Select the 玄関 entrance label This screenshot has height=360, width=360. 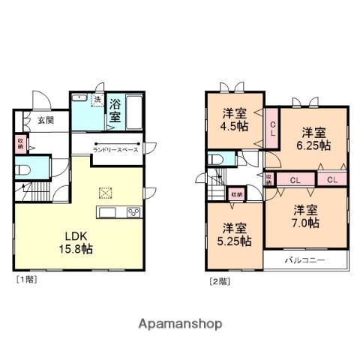click(46, 120)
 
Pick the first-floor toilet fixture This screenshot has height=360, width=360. click(22, 169)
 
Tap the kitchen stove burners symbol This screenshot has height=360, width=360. click(133, 212)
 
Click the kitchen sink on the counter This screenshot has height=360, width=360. click(106, 212)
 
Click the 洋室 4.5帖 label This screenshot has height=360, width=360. click(235, 120)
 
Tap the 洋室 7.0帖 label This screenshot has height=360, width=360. click(307, 216)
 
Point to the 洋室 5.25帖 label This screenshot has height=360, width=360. click(235, 234)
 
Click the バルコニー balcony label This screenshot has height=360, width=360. click(304, 261)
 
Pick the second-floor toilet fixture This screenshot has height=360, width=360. click(216, 160)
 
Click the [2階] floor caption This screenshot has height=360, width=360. click(220, 282)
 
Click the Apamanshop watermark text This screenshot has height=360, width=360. click(180, 324)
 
